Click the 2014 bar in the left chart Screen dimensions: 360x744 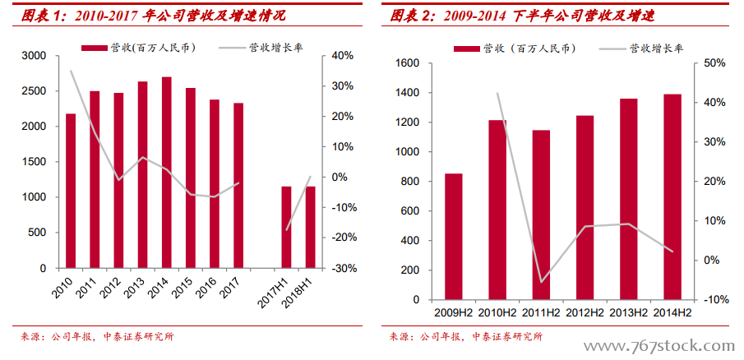[167, 173]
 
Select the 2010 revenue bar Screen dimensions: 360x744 [71, 191]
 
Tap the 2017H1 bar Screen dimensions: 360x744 [287, 227]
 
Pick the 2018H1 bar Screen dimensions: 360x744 [311, 227]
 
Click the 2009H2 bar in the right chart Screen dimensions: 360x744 [454, 237]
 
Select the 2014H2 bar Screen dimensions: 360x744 [672, 197]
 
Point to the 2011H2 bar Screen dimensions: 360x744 [541, 215]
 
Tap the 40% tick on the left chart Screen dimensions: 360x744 [342, 56]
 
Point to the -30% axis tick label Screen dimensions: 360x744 [342, 269]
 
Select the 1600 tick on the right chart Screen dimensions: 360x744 [409, 63]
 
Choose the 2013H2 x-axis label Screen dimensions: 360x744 [628, 313]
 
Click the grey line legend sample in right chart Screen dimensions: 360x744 [611, 48]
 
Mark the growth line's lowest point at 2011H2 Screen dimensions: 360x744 [541, 282]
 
